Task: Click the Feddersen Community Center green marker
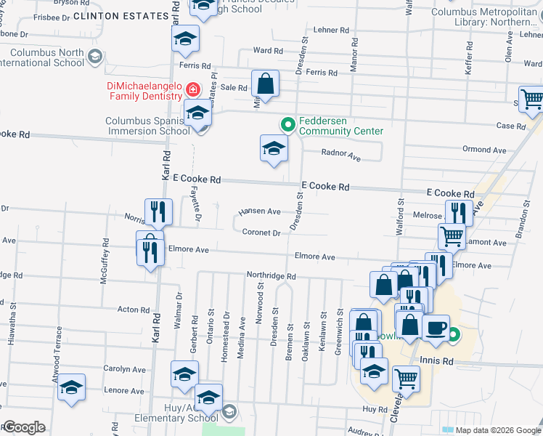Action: coord(287,125)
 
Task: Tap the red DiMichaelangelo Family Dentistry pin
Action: coord(192,90)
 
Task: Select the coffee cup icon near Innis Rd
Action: coord(436,328)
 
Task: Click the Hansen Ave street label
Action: coord(260,211)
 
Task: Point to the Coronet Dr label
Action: coord(261,233)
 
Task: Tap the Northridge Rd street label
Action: coord(271,277)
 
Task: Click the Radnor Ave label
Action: coord(341,154)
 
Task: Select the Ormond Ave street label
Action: coord(484,150)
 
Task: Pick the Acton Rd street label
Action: coord(134,310)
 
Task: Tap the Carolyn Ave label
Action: coord(123,369)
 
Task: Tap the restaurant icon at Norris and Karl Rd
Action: coord(158,211)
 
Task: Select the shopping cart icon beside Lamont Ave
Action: coord(452,236)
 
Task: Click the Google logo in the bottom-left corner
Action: coord(24,427)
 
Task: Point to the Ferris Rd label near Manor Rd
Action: coord(322,73)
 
